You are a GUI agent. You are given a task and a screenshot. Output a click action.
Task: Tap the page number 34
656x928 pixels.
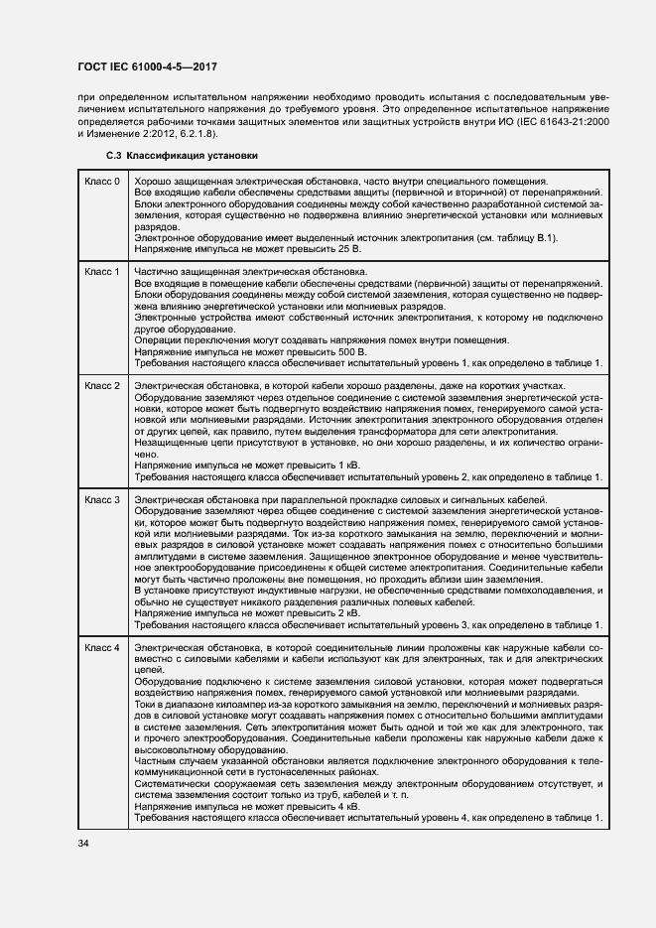click(x=82, y=844)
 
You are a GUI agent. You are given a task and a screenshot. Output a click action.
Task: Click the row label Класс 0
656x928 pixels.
click(x=102, y=182)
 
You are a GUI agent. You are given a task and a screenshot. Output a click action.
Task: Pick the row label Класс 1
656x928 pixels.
click(x=102, y=271)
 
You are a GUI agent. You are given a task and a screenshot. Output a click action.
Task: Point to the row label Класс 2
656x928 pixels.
click(x=102, y=385)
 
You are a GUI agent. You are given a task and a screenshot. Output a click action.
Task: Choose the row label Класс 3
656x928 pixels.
click(x=102, y=499)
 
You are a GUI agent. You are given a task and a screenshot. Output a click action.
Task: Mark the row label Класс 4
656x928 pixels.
click(x=102, y=647)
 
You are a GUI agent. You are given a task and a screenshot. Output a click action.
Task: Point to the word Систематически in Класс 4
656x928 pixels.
click(x=171, y=784)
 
